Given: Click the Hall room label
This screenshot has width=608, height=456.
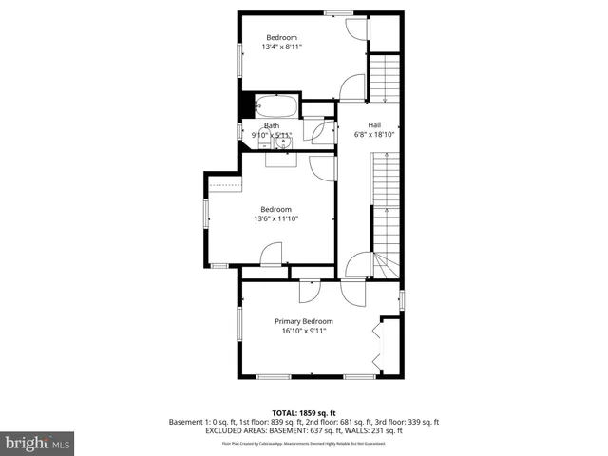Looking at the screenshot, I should pos(374,124).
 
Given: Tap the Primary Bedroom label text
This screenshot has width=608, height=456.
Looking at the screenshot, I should pos(304,322).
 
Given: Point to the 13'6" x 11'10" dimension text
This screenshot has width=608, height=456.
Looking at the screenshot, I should pos(275,219).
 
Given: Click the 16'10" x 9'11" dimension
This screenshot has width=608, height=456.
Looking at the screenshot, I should pos(304,332).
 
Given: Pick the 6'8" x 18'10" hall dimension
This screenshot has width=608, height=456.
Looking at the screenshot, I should pos(374,135).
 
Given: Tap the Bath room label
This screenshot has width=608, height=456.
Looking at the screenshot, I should pos(272,125).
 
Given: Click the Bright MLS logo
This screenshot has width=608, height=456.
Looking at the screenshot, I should pos(38,443).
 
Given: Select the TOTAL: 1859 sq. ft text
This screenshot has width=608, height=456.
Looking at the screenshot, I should pos(304,412).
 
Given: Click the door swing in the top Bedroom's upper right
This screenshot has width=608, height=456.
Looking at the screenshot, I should pos(355,28).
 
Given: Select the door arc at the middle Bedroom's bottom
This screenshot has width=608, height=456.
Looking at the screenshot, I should pos(272,255).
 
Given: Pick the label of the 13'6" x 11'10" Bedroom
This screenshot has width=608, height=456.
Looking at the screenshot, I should pos(275,209).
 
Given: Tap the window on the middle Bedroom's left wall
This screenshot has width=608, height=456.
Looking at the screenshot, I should pos(205,214).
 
